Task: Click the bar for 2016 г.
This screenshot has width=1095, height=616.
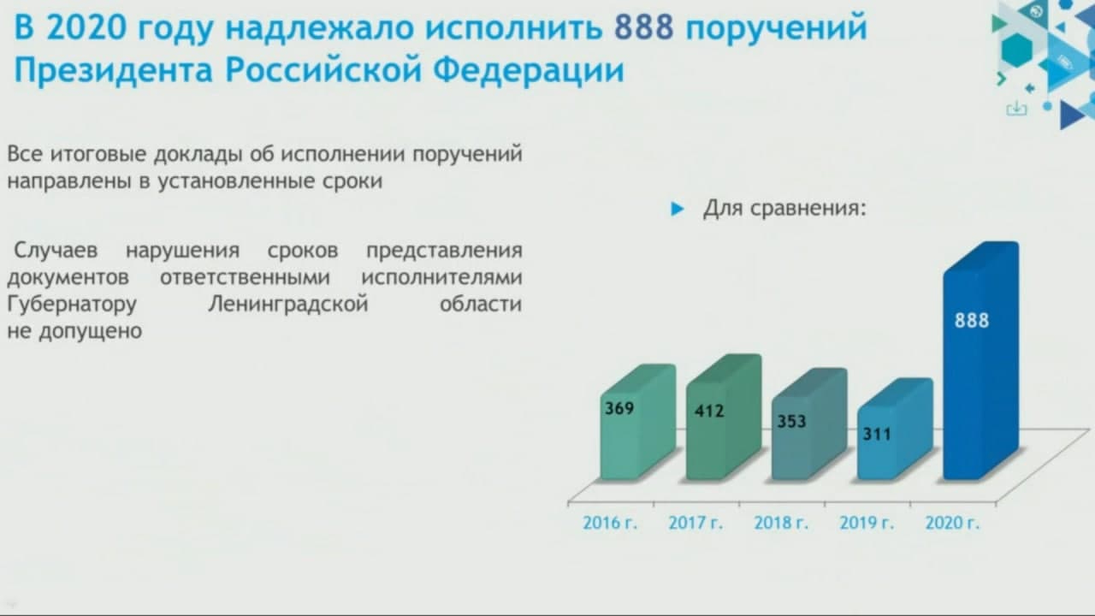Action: click(638, 423)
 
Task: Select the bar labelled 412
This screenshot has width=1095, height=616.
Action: click(724, 418)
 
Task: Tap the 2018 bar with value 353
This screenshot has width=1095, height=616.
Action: click(809, 424)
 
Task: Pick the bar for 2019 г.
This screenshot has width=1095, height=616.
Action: click(895, 429)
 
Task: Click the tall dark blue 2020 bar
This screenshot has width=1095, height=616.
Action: click(981, 361)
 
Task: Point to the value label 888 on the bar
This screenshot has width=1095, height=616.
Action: click(972, 321)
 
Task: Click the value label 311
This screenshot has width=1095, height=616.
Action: click(877, 434)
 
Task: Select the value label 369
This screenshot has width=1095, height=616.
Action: click(619, 408)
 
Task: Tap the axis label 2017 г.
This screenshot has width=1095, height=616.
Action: click(695, 523)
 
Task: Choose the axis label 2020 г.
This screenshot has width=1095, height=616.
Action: click(952, 523)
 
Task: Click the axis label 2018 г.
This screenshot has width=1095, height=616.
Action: click(781, 523)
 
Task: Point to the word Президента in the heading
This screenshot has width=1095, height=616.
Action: click(114, 70)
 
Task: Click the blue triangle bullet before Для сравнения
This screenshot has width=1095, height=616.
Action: click(677, 210)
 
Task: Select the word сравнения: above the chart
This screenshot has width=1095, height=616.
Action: click(808, 209)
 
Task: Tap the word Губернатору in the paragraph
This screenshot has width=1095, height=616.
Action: click(72, 305)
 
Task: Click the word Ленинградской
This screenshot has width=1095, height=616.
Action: click(288, 305)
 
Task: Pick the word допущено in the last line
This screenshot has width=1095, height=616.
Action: click(91, 331)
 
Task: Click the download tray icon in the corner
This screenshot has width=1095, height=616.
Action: click(1016, 109)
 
